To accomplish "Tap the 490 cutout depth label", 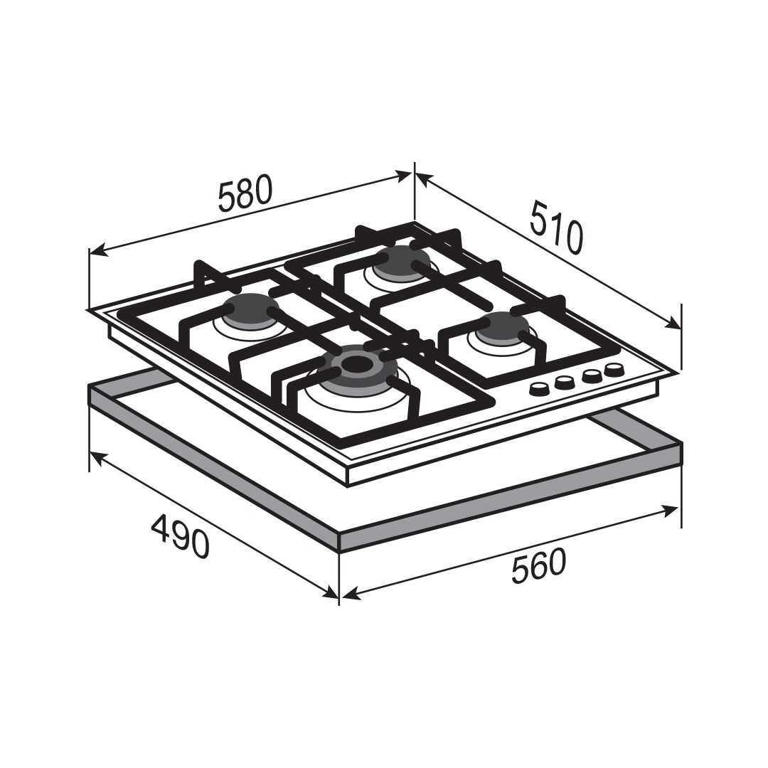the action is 180,536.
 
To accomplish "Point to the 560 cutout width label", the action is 538,566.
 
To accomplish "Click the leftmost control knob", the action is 540,390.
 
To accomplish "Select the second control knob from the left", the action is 564,382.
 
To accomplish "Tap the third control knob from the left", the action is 592,375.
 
